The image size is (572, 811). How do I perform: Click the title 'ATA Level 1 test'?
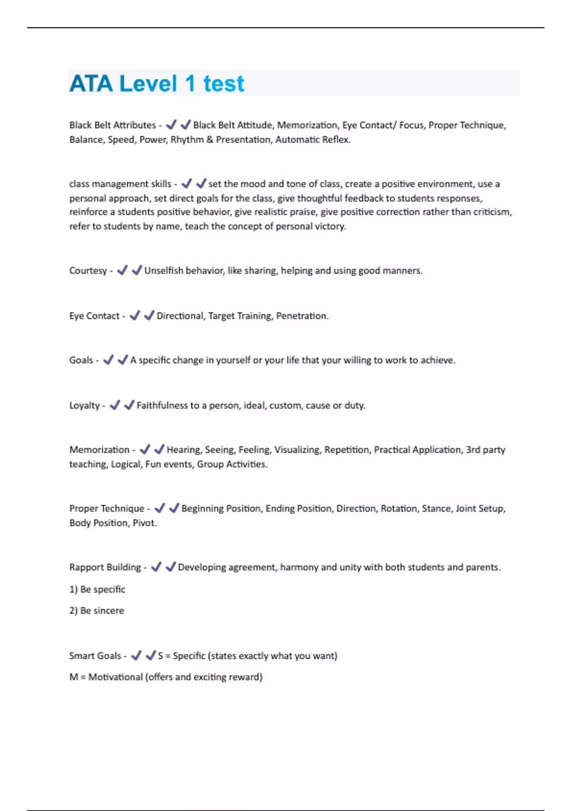pos(157,83)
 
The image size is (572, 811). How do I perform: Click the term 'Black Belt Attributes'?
pos(112,125)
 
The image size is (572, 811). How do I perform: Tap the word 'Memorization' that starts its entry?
pos(99,449)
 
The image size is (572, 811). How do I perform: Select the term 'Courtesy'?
pos(88,270)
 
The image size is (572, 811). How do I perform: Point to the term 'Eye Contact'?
pos(94,316)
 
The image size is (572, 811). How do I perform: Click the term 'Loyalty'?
pos(84,405)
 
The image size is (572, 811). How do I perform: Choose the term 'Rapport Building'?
pos(105,567)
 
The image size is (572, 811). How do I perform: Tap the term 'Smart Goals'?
pos(95,656)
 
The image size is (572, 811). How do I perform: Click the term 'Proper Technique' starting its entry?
pos(107,509)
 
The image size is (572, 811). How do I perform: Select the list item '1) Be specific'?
pos(97,589)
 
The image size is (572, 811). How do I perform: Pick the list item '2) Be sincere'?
pos(97,611)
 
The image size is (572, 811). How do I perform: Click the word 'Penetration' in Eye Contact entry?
pos(302,316)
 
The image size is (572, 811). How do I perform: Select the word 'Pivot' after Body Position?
pos(144,523)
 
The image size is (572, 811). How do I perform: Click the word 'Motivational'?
pos(116,677)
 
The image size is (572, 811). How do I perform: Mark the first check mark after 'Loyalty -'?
pos(115,405)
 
